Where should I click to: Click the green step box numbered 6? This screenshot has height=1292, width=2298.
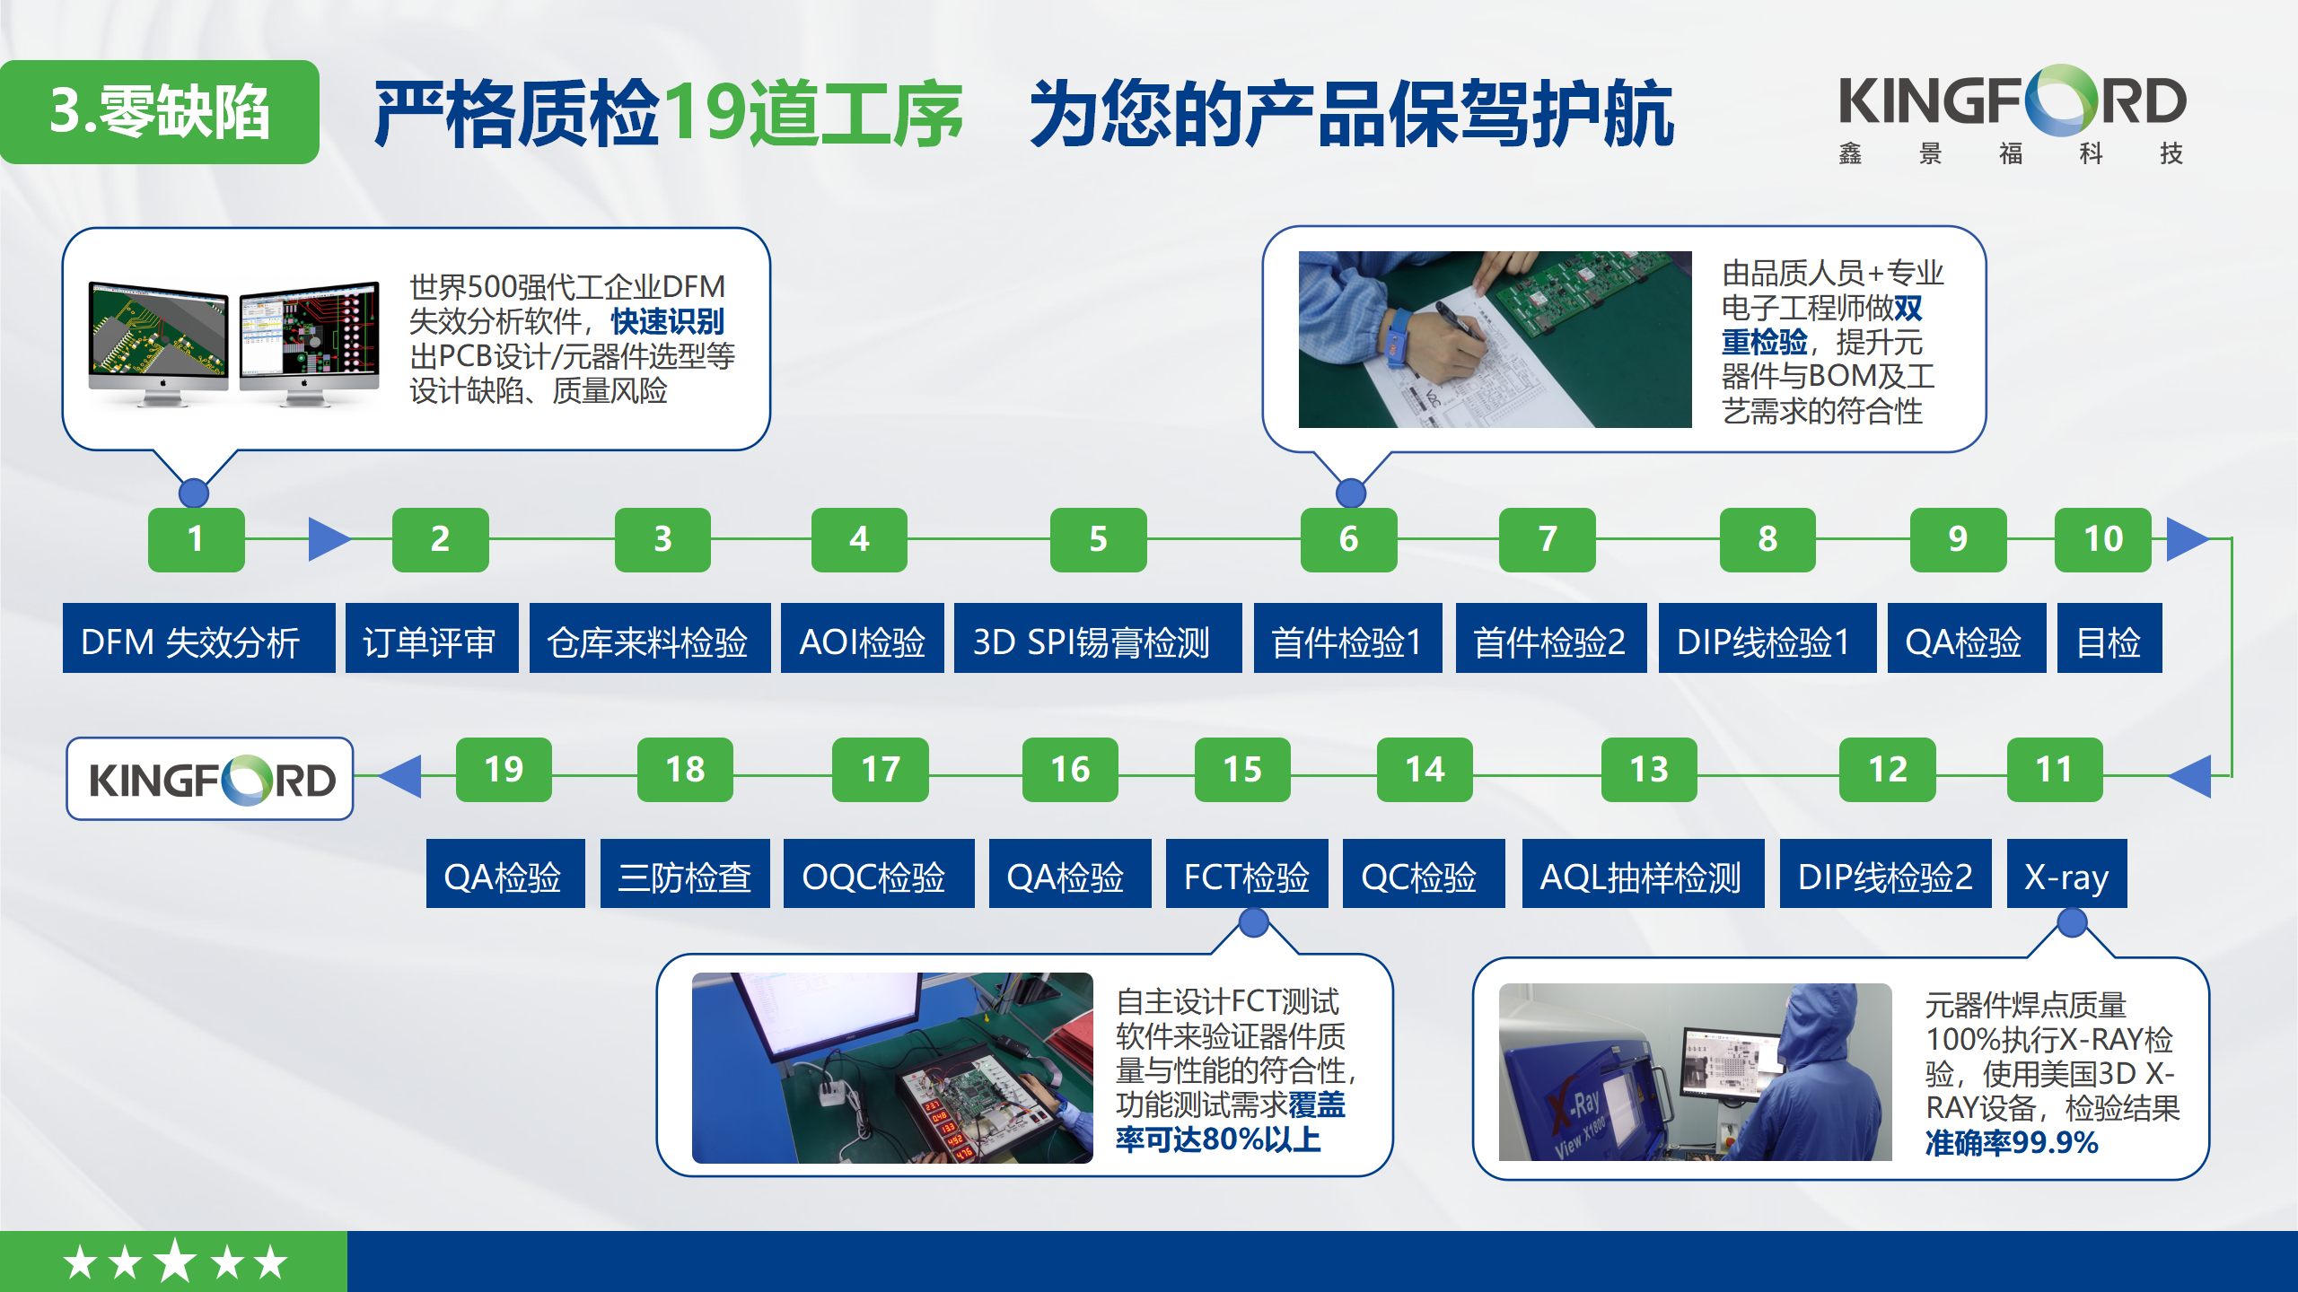tap(1348, 539)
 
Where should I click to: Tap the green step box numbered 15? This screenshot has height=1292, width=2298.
tap(1242, 769)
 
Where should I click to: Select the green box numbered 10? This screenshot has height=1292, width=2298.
tap(2102, 539)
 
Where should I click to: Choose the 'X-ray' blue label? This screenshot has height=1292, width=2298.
tap(2066, 876)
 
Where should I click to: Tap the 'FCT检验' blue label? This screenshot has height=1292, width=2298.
tap(1246, 876)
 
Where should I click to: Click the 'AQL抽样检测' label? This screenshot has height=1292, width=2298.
tap(1642, 876)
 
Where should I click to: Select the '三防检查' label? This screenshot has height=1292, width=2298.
tap(684, 876)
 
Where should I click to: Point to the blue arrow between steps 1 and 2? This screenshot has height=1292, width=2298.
tap(327, 539)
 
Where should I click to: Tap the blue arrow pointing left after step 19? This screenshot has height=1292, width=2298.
tap(401, 776)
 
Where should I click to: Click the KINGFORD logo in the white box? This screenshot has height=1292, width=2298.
tap(210, 779)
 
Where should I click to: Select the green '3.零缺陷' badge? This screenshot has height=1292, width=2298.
tap(159, 112)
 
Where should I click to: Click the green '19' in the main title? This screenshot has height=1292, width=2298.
tap(703, 113)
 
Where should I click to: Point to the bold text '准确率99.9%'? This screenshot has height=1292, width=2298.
tap(2011, 1143)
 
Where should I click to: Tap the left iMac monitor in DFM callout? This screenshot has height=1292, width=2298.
tap(159, 336)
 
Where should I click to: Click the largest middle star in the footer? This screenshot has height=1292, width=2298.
tap(175, 1261)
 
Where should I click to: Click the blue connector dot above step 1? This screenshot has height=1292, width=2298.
tap(194, 493)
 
